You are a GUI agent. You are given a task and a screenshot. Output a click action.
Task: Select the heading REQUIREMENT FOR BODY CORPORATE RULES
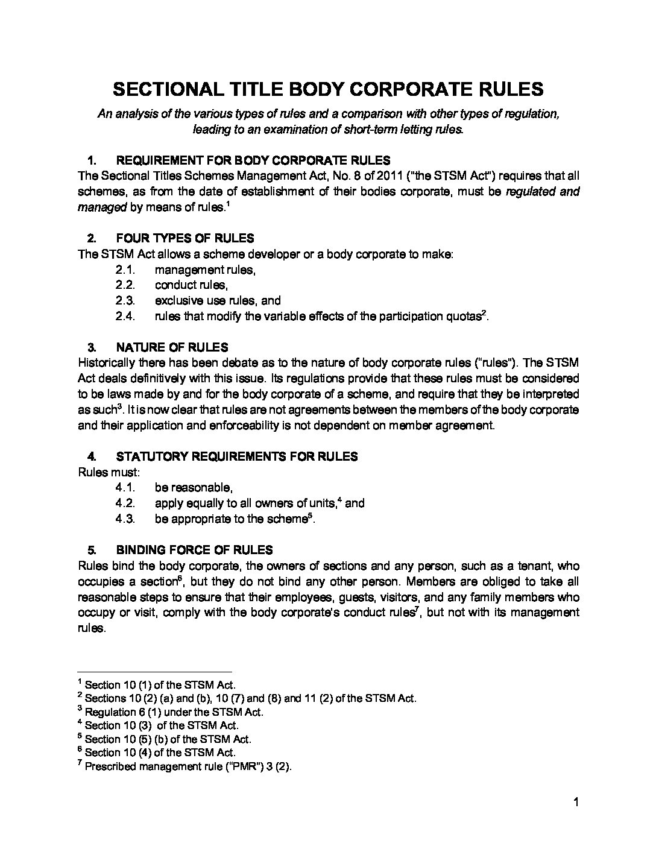(x=253, y=160)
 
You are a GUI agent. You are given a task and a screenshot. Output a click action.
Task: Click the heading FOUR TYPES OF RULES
(x=184, y=238)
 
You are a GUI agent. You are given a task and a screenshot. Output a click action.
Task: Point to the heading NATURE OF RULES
(x=172, y=347)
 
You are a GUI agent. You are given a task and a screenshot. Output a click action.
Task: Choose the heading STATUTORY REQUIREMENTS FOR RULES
(x=236, y=456)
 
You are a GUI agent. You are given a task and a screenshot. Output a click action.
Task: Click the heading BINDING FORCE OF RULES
(x=194, y=550)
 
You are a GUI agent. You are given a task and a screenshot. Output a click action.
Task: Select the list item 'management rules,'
(x=205, y=270)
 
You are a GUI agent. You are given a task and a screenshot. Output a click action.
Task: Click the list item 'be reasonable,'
(x=193, y=487)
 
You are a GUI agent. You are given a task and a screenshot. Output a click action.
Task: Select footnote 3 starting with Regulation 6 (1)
(x=174, y=712)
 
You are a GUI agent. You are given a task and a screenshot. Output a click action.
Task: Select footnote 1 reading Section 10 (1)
(x=160, y=685)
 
